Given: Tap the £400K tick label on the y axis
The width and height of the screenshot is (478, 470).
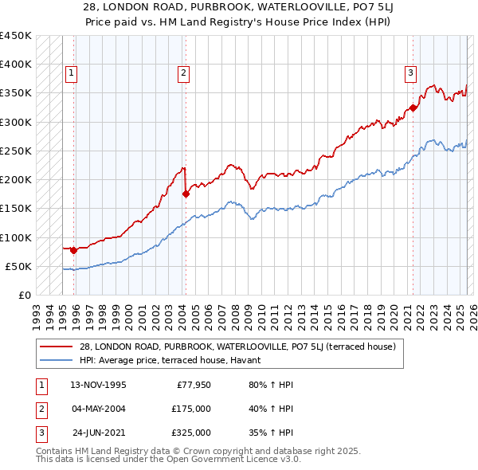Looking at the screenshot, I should pos(16,65).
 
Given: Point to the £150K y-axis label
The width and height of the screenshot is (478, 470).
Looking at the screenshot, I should pos(16,209).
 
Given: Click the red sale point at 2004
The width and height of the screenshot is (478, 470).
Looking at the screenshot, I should pos(186,194).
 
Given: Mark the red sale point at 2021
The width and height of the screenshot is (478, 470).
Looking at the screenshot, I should pos(413,108).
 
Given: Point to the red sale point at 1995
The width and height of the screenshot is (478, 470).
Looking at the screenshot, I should pos(73,250).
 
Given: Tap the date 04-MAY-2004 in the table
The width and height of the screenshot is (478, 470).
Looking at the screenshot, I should pos(98,409).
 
